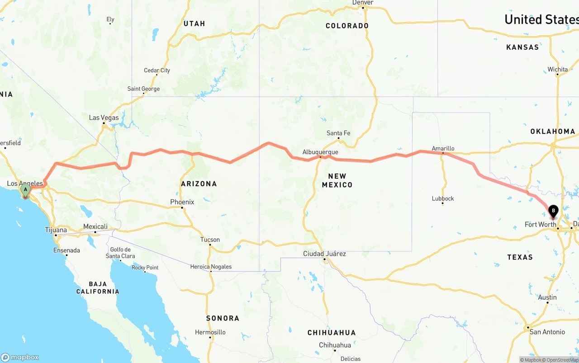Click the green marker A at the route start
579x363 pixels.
point(25,190)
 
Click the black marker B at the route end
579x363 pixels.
point(553,211)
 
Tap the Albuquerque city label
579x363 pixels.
point(321,152)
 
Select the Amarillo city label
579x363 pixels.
point(443,148)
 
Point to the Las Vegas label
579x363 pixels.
point(104,118)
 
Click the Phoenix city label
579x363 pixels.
point(182,202)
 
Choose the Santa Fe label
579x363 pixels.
point(338,133)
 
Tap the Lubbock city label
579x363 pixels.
point(443,198)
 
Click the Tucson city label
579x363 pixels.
point(210,240)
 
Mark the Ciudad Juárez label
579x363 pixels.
point(324,254)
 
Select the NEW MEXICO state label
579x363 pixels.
point(337,180)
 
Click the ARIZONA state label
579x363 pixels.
point(199,184)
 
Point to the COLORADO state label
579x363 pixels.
point(347,26)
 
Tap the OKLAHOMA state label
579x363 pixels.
point(552,132)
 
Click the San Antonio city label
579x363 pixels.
point(547,332)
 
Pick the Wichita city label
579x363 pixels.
point(557,69)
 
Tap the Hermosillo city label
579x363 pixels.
point(210,332)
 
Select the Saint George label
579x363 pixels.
point(143,89)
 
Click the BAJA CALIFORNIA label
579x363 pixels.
point(98,288)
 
